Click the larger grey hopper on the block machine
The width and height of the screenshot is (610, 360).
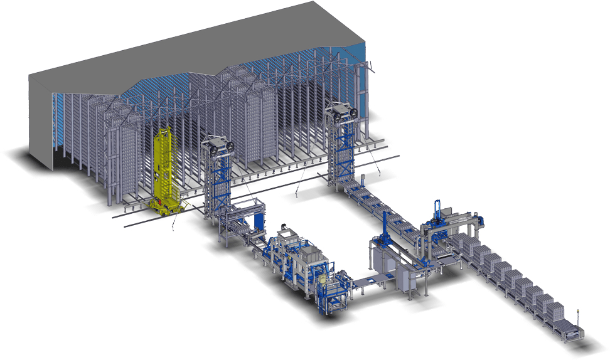(311, 253)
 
